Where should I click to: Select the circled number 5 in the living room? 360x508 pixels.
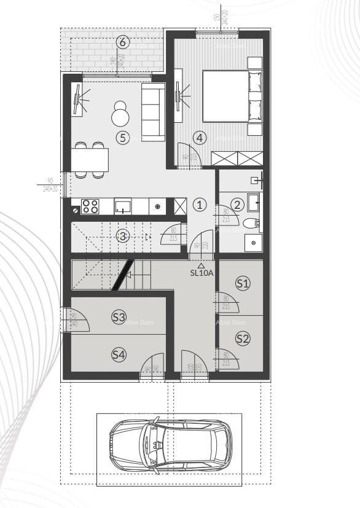pos(123,138)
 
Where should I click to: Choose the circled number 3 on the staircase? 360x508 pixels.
pos(123,235)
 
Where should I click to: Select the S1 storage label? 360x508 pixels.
pos(243,283)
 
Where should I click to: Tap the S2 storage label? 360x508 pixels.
pos(243,338)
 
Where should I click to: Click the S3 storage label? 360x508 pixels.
pos(119,317)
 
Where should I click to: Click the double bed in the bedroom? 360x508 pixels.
pos(231,96)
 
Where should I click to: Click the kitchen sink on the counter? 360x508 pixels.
pos(123,206)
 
